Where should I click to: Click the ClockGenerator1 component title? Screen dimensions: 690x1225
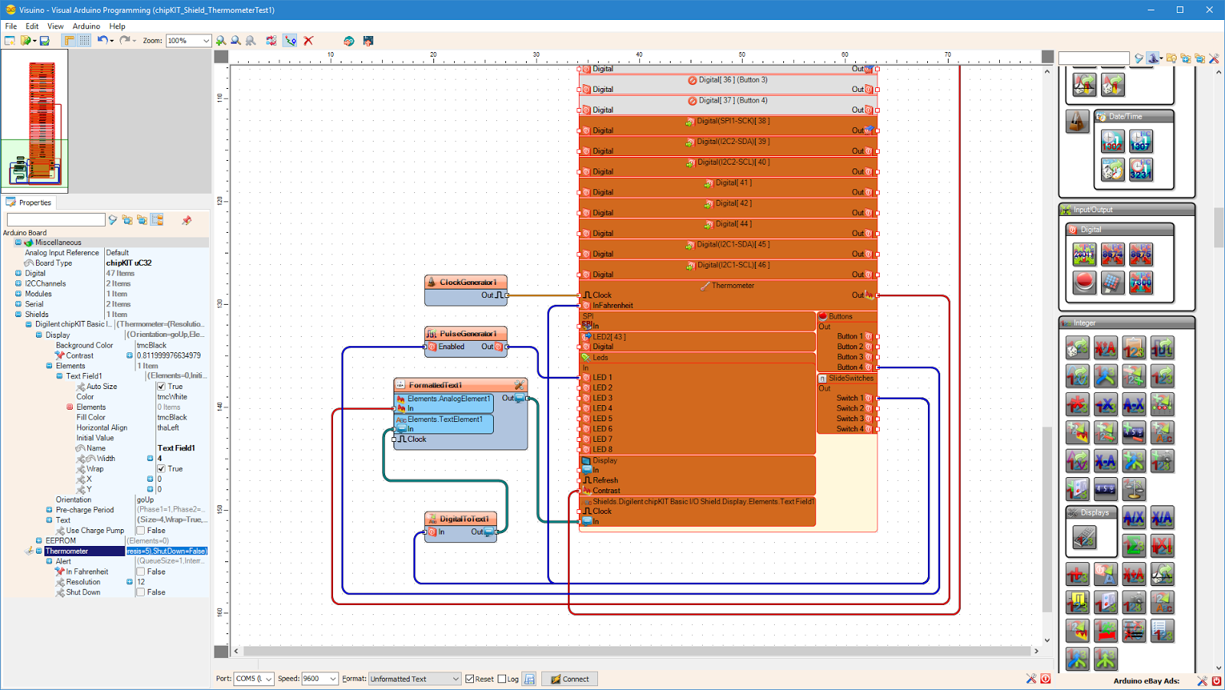tap(467, 283)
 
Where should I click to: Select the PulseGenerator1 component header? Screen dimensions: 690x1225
tap(467, 334)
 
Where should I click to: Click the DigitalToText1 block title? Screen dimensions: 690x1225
tap(463, 519)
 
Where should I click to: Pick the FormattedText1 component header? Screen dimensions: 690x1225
tap(435, 385)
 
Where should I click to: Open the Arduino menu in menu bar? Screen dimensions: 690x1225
tap(86, 26)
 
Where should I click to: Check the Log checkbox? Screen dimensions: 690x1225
tap(502, 679)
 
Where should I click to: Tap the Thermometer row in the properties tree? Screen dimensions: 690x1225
tap(67, 551)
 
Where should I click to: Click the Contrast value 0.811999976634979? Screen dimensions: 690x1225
tap(168, 355)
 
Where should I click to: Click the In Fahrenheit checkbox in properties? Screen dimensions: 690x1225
tap(141, 572)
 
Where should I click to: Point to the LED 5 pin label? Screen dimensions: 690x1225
tap(603, 419)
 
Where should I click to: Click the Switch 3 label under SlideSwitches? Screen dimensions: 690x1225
tap(849, 419)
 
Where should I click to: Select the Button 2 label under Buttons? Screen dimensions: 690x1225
tap(849, 347)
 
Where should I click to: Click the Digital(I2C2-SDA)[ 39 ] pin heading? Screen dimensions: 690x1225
tap(733, 142)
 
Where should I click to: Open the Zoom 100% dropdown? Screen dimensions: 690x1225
tap(206, 41)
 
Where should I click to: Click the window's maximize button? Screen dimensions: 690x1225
tap(1180, 10)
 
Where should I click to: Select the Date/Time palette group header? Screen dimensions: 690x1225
tap(1125, 116)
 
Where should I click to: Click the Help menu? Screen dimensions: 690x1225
tap(117, 26)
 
